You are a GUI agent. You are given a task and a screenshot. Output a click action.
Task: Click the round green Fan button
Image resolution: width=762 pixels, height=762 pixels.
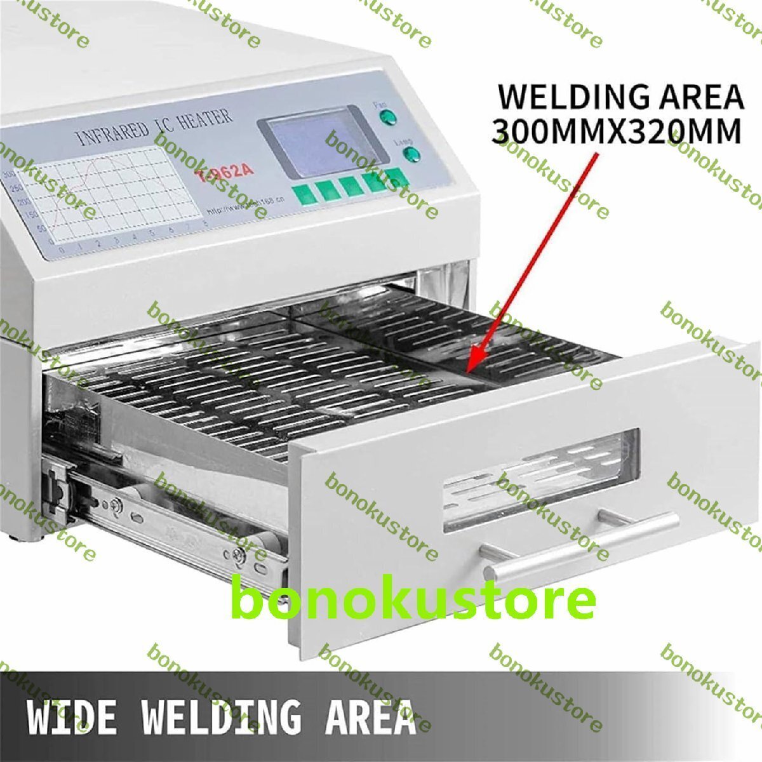tap(387, 117)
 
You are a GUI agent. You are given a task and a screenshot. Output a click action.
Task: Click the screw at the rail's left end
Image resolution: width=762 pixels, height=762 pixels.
tap(116, 505)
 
